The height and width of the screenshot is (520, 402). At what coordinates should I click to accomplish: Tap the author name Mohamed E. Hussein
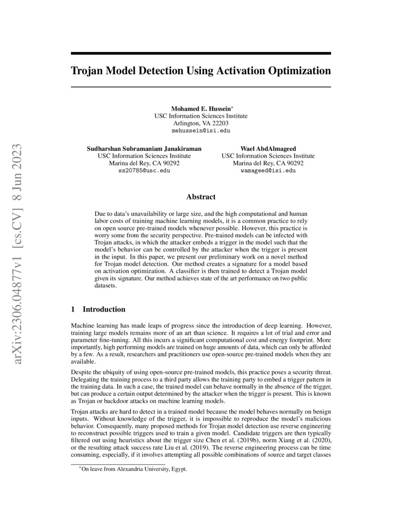[200, 108]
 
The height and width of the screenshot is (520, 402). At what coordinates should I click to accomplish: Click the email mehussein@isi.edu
[201, 130]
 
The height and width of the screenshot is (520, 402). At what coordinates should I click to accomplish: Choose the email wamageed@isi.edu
[268, 170]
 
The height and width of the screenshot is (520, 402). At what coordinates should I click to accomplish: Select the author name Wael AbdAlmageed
[268, 148]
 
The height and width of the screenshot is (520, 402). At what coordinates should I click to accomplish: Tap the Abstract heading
[201, 197]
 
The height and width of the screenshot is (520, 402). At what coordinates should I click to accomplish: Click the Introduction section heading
[104, 310]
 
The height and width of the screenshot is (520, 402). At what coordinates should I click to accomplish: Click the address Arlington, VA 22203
[201, 123]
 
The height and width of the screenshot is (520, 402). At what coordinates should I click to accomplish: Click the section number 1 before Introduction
[73, 310]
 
